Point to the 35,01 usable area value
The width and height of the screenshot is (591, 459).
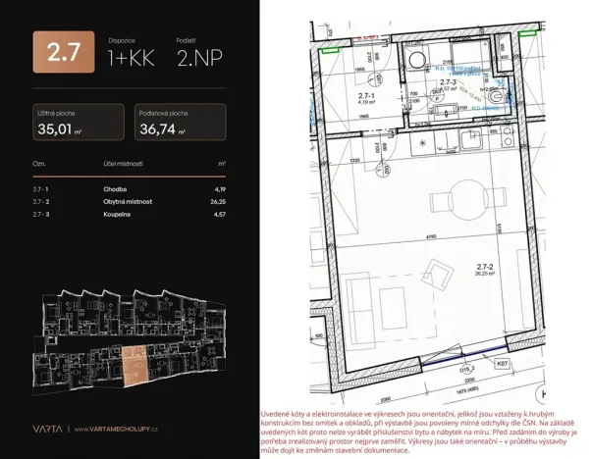60,127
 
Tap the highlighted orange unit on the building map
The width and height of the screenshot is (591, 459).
136,364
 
